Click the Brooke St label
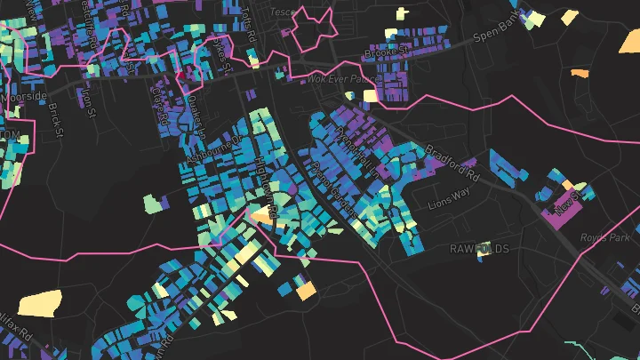tap(386, 53)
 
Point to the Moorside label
tap(24, 95)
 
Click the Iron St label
tap(88, 99)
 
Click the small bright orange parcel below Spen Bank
tap(580, 73)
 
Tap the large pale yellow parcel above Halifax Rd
tap(40, 303)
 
